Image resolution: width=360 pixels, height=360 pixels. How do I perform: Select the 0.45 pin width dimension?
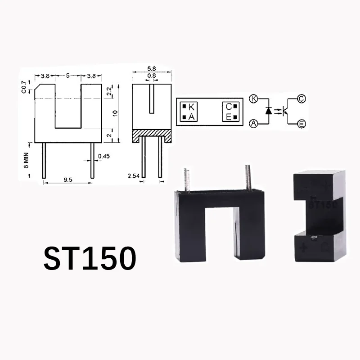[x=104, y=157]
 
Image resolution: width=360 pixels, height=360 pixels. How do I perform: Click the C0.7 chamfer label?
[x=24, y=86]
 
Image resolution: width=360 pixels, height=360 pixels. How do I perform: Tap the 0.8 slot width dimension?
[x=152, y=76]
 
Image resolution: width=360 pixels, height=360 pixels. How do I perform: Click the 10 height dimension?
[x=116, y=112]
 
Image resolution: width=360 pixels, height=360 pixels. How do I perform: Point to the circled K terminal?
[x=254, y=99]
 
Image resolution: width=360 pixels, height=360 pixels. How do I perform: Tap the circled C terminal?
[x=301, y=99]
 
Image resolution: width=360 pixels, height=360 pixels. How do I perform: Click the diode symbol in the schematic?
[x=269, y=110]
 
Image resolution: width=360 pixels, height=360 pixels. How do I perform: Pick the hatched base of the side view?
[x=152, y=135]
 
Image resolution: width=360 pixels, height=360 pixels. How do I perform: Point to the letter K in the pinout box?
[x=192, y=107]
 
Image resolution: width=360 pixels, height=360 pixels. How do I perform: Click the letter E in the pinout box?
[x=229, y=117]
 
